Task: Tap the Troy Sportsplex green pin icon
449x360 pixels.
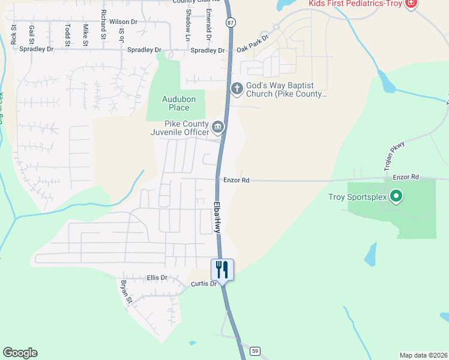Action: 396,196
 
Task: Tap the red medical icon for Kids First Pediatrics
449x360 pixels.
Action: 411,4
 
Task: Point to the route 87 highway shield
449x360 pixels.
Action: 231,22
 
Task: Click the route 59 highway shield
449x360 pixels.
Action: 255,350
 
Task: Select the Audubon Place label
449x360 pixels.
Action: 175,104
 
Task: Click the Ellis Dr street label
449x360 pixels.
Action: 157,278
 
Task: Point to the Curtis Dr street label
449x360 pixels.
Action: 203,283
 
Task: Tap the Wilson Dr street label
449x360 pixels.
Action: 123,22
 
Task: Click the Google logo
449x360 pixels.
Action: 20,353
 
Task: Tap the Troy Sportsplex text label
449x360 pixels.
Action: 357,197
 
